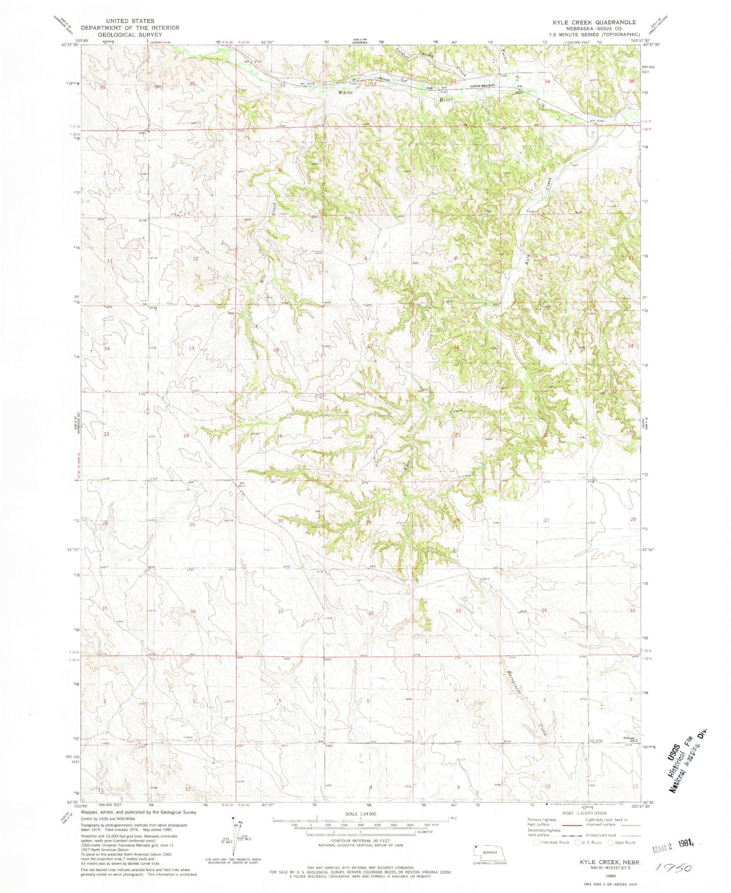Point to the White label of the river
346,93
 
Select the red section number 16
456,347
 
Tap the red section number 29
368,523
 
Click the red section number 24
186,436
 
